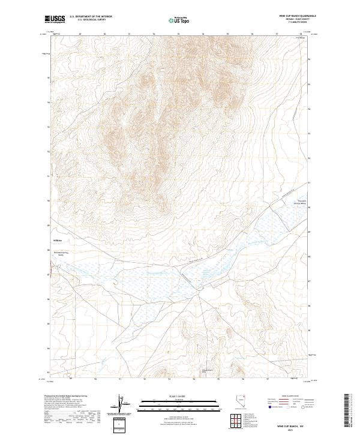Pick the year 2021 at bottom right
[290, 430]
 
